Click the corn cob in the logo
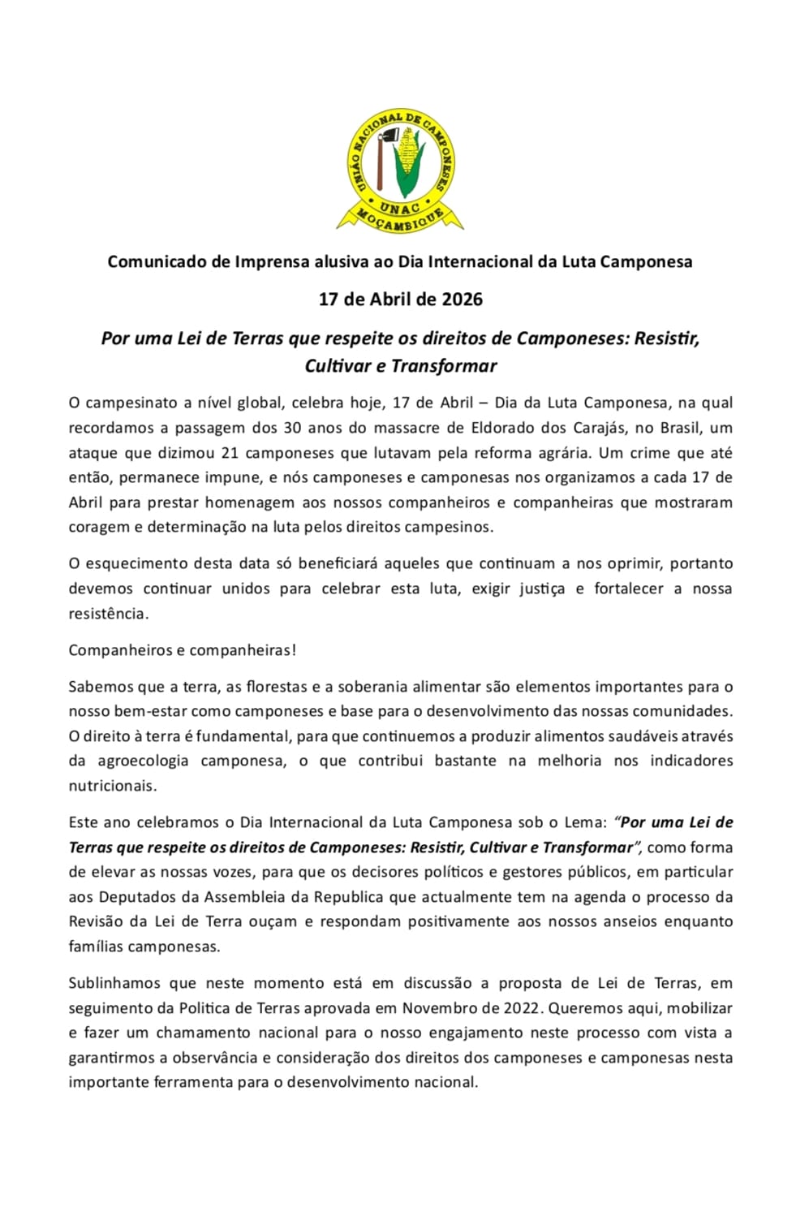click(410, 162)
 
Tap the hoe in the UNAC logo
click(385, 150)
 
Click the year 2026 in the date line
click(462, 300)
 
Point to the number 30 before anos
click(291, 428)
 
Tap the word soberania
click(373, 687)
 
